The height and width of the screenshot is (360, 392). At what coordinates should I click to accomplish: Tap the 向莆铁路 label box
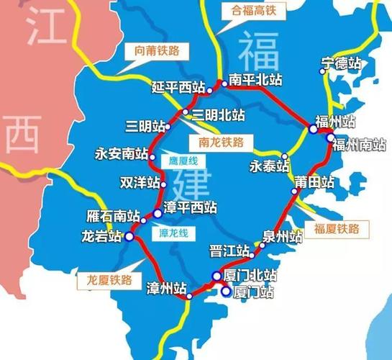coord(157,50)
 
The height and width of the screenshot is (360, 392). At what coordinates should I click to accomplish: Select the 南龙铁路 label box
coord(222,142)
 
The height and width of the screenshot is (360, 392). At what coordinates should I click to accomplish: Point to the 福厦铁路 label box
coord(337,229)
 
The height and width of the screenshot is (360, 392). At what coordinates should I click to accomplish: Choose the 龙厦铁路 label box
coord(109,280)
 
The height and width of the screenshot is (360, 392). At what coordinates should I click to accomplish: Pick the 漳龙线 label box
coord(173,233)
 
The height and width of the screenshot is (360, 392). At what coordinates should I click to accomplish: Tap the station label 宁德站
coord(342,64)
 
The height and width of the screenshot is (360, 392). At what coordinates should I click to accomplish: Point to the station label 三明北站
coord(218,114)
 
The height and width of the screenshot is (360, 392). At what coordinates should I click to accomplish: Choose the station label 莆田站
coord(314,183)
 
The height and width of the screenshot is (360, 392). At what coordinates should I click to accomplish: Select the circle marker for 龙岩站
coord(129,236)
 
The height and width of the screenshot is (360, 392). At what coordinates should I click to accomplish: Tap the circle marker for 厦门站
coord(226,292)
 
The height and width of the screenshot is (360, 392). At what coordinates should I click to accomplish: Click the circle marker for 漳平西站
coord(157,213)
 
